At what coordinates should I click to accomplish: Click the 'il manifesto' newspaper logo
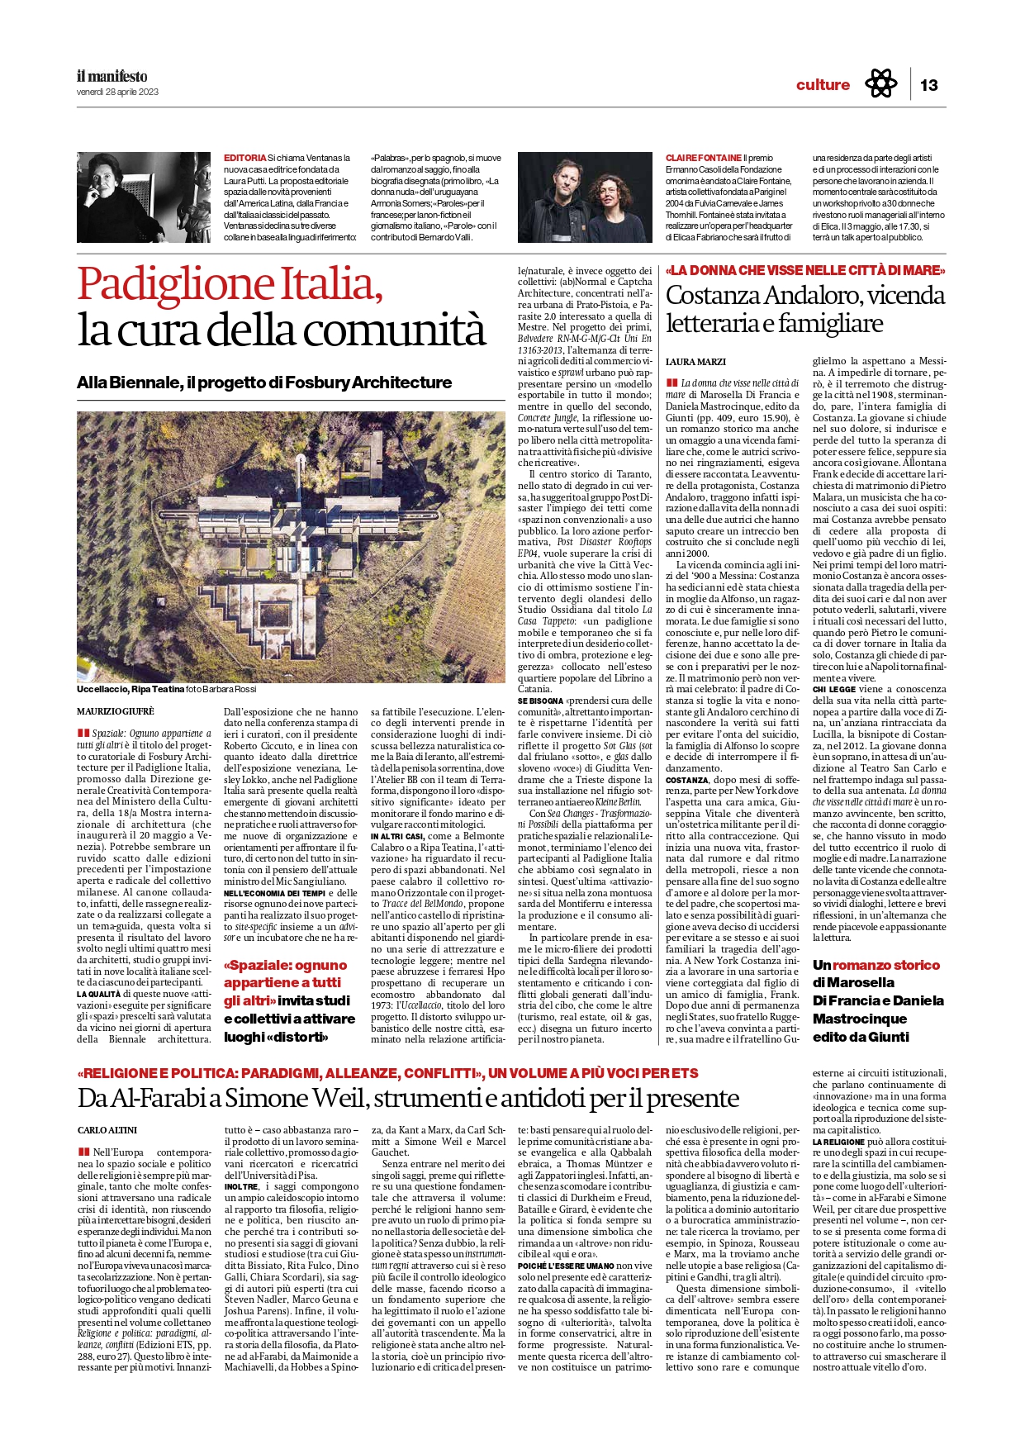(x=112, y=77)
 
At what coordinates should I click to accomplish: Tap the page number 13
(x=928, y=85)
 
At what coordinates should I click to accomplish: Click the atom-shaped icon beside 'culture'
(x=880, y=84)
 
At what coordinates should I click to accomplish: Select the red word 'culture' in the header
(x=823, y=85)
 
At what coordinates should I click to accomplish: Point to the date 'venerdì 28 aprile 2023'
(x=117, y=92)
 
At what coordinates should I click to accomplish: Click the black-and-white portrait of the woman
(x=144, y=197)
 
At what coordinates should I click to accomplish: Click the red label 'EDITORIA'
(x=244, y=158)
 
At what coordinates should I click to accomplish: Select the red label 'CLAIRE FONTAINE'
(x=704, y=158)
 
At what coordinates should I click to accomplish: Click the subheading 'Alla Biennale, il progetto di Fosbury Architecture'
(x=264, y=382)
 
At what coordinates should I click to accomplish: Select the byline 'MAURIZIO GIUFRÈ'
(x=116, y=711)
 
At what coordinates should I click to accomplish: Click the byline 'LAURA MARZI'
(x=695, y=362)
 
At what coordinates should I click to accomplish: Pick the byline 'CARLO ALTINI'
(x=107, y=1130)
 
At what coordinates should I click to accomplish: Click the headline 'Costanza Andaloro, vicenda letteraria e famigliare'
(x=805, y=308)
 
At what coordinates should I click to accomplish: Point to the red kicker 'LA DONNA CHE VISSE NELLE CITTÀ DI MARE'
(x=805, y=270)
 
